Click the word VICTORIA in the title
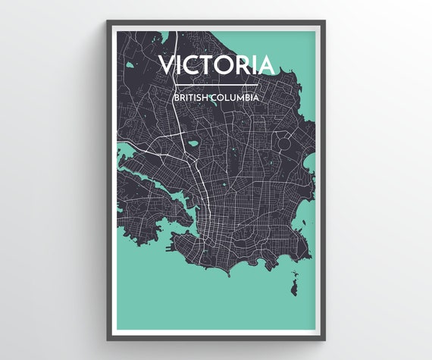(x=216, y=64)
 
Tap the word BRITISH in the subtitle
(x=192, y=98)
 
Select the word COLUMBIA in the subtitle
(x=237, y=98)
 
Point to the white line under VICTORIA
(x=216, y=83)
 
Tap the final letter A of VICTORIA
(x=266, y=64)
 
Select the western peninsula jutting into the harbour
(x=148, y=193)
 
